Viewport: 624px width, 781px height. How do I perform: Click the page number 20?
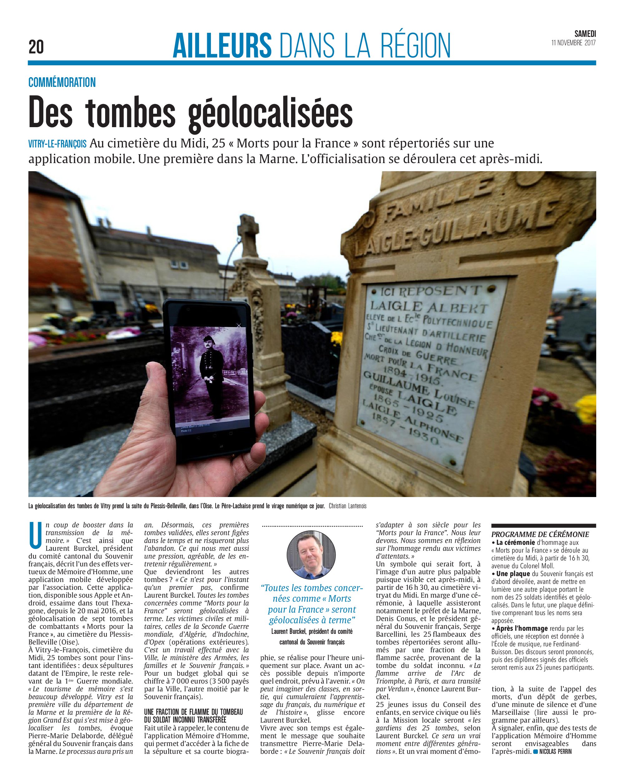(x=36, y=47)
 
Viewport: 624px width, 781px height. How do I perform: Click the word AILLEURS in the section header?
(x=222, y=46)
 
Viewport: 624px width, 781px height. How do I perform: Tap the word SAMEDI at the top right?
(x=585, y=34)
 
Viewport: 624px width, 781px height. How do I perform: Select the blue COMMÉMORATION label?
(x=62, y=82)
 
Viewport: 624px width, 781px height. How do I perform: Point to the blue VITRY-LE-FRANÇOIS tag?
(x=57, y=144)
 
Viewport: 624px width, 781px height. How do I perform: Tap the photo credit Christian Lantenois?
(x=348, y=506)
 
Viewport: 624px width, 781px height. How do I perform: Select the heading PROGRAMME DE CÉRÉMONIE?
(x=540, y=534)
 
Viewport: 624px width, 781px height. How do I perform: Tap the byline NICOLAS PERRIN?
(x=555, y=751)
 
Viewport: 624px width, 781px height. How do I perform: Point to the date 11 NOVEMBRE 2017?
(x=573, y=43)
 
